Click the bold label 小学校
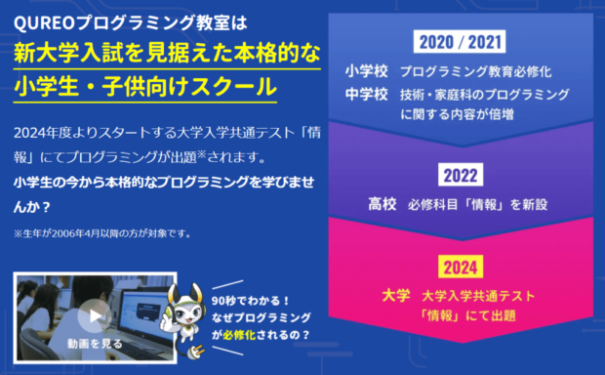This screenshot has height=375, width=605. click(367, 71)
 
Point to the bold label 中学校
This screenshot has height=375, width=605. click(367, 94)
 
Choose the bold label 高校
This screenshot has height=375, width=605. click(382, 204)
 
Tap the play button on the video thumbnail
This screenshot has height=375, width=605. click(93, 315)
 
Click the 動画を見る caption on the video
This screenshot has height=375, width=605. click(96, 345)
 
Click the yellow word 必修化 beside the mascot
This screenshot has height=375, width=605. click(260, 334)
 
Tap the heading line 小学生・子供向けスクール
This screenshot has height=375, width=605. click(146, 85)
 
